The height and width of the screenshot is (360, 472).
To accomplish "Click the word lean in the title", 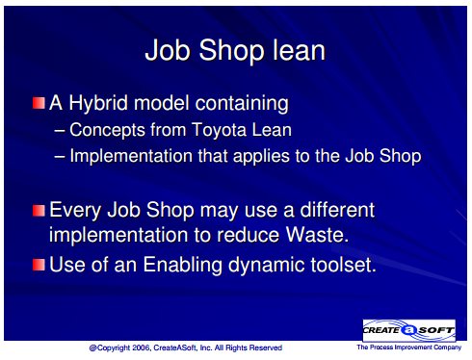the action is pos(299,50).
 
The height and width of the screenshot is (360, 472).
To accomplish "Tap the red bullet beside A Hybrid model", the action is pos(39,103).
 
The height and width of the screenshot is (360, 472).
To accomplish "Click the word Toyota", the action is pos(220,130).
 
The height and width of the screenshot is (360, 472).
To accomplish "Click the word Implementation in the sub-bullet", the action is pos(131,156).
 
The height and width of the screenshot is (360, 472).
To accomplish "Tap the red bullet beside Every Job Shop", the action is pos(39,211).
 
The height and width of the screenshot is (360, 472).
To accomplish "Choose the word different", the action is pos(337,210).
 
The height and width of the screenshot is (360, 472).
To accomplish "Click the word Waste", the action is pos(317,235).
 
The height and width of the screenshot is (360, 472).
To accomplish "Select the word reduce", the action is pos(248,235).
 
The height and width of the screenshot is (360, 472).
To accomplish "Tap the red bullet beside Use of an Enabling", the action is pos(39,265).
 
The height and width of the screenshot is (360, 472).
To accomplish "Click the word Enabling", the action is pos(182,266).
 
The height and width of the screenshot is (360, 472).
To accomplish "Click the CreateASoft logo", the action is pos(408,330).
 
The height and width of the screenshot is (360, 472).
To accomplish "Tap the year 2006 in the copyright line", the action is pos(141,347).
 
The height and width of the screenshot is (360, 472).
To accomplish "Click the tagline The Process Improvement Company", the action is pos(408,347).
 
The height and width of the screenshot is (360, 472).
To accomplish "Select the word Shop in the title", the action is pos(230,51).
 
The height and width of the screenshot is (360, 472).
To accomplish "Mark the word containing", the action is pos(242,104).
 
